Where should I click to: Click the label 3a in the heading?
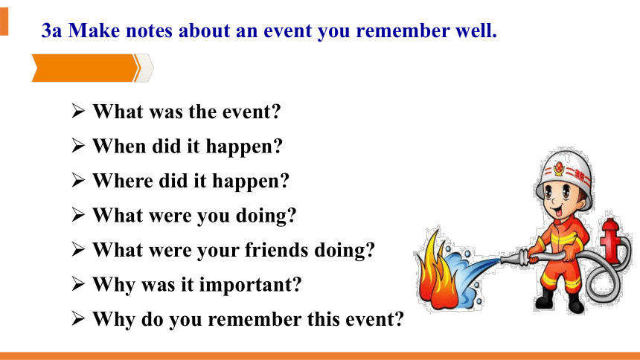pos(51,30)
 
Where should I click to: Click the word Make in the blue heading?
pos(94,30)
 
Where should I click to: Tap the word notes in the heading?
pos(150,31)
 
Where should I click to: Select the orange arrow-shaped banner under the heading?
pos(86,68)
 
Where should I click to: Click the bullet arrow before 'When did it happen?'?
pos(78,145)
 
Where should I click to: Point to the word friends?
pos(276,250)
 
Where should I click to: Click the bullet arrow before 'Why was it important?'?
pos(78,283)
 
